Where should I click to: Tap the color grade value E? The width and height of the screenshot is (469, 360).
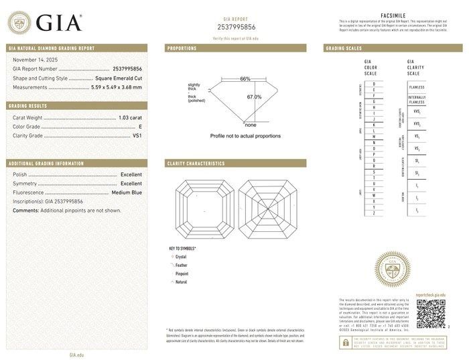click(140, 126)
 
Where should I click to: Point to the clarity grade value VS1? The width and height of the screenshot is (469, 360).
click(137, 135)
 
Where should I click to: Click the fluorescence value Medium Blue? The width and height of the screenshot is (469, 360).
click(127, 192)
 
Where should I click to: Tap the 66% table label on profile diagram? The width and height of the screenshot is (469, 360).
click(245, 79)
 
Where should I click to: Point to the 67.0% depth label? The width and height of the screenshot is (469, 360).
click(254, 97)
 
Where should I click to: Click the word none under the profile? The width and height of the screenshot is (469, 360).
click(251, 125)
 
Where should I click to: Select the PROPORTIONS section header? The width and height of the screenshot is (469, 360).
click(182, 49)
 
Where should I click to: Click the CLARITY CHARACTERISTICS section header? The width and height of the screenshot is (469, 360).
click(195, 164)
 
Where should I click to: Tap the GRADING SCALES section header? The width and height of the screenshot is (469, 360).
click(343, 49)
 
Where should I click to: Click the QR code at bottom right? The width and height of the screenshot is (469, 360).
click(431, 314)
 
